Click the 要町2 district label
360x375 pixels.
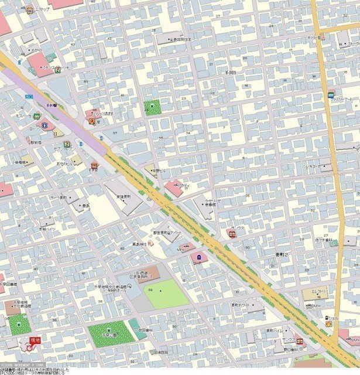click(283, 255)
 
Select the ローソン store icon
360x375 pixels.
click(46, 125)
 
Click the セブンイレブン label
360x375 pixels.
click(65, 149)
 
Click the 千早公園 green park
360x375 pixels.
click(111, 333)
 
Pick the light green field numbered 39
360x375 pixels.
click(166, 293)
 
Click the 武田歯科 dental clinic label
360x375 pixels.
click(144, 330)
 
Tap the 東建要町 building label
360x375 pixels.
click(123, 197)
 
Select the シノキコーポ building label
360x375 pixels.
click(313, 166)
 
